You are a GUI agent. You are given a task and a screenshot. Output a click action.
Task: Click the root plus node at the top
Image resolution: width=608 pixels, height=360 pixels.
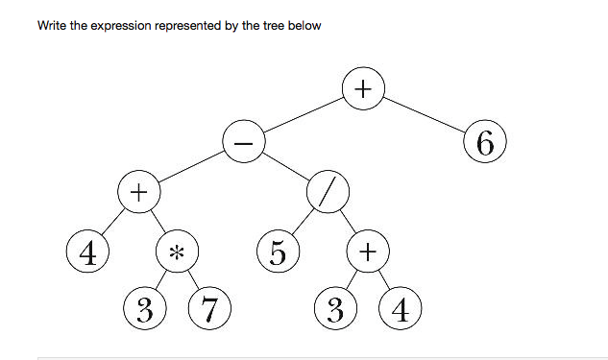tap(362, 89)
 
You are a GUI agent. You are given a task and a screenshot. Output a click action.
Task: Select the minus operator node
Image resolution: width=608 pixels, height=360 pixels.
tap(243, 143)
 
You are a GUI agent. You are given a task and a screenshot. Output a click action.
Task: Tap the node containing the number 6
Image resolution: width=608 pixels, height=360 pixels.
tap(484, 143)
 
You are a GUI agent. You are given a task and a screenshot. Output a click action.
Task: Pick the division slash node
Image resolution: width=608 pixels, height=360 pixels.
tap(328, 193)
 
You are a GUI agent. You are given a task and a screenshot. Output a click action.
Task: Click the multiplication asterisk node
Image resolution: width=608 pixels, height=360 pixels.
tap(177, 252)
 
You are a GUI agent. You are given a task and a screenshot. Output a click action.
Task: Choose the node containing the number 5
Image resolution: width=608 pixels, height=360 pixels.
tap(277, 252)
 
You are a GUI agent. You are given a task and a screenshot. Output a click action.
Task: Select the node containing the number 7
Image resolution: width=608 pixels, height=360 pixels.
tap(208, 309)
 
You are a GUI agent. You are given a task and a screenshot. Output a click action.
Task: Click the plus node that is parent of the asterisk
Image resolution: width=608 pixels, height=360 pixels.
tap(138, 193)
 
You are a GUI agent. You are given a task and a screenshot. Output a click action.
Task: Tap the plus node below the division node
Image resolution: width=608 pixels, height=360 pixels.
tap(368, 252)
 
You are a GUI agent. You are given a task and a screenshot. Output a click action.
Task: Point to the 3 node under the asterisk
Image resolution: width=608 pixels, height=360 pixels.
tap(144, 309)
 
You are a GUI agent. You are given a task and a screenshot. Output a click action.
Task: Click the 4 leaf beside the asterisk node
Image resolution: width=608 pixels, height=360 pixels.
tap(87, 252)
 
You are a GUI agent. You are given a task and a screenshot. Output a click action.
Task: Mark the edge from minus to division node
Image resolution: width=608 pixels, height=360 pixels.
tap(285, 168)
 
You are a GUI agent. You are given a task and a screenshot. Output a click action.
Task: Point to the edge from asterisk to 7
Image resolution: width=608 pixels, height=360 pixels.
tap(193, 281)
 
